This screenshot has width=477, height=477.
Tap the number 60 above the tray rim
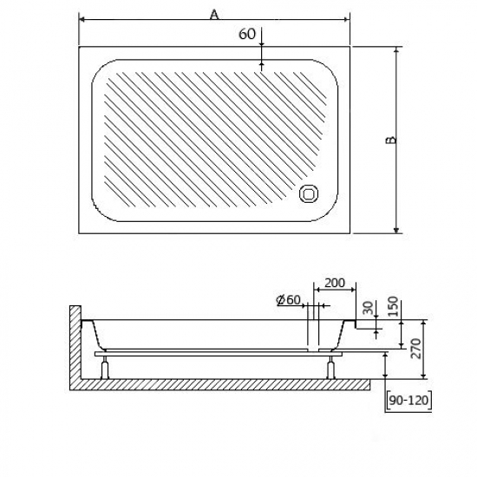(245, 34)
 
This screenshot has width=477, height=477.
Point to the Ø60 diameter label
(288, 300)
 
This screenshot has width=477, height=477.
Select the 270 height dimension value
(415, 350)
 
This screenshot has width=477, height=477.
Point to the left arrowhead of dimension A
(82, 18)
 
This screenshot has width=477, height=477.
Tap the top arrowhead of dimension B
(396, 51)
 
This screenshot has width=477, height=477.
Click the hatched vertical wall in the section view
(74, 347)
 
